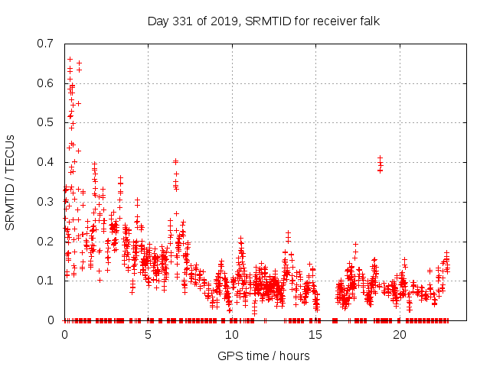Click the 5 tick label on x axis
click(149, 335)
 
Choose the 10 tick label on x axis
click(232, 335)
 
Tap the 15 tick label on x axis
click(316, 335)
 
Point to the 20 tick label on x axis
click(400, 335)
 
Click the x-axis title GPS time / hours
click(263, 356)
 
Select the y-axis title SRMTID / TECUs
click(10, 181)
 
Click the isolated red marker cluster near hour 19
click(380, 164)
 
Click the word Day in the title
click(158, 21)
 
